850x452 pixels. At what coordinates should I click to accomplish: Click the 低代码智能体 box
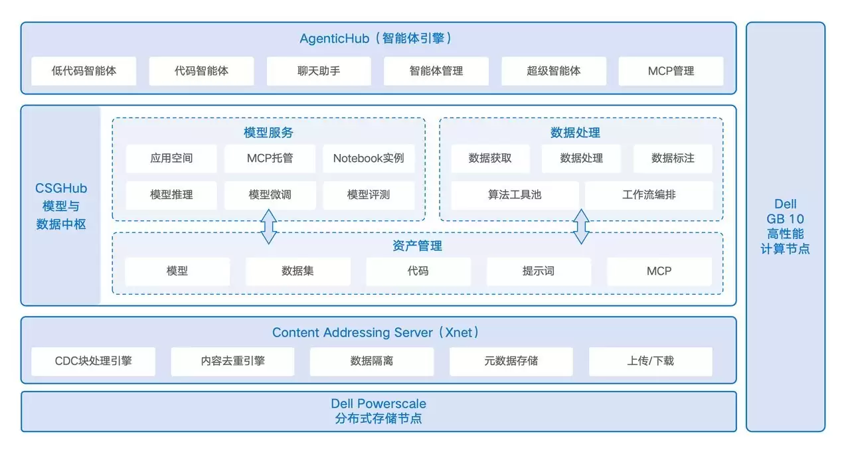tap(84, 71)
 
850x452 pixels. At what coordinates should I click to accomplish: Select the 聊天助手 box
tap(319, 71)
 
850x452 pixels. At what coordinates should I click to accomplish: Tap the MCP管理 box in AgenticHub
tap(671, 71)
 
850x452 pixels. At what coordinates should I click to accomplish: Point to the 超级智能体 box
tap(554, 71)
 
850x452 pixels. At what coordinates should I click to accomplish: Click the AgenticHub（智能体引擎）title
tap(378, 38)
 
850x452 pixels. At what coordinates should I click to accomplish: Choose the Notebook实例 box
tap(369, 159)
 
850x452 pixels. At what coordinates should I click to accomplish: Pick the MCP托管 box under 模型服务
tap(270, 159)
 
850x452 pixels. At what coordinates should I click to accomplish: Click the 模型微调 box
tap(270, 195)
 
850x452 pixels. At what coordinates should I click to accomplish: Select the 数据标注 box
tap(673, 159)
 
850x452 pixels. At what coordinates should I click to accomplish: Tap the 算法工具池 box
tap(515, 195)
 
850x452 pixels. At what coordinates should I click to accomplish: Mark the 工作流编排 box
tap(649, 195)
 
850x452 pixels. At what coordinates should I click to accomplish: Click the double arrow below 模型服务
tap(268, 226)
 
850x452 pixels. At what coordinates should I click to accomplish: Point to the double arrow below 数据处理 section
tap(581, 226)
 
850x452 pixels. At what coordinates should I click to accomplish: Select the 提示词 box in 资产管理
tap(539, 271)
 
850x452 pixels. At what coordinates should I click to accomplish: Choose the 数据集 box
tap(297, 271)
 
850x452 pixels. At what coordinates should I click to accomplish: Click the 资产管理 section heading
tap(418, 246)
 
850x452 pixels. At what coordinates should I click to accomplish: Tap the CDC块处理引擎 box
tap(93, 361)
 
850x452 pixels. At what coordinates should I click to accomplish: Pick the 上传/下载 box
tap(650, 361)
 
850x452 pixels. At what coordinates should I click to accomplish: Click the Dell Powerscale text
tap(379, 404)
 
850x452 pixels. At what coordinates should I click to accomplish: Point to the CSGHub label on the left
tap(61, 189)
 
